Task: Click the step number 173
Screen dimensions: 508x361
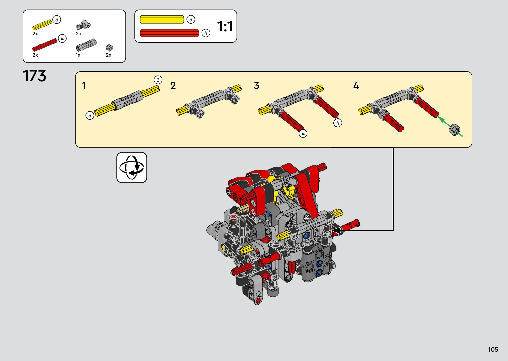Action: pyautogui.click(x=35, y=76)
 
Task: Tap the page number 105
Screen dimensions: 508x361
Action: pyautogui.click(x=493, y=349)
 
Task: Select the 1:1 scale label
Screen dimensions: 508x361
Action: pyautogui.click(x=225, y=26)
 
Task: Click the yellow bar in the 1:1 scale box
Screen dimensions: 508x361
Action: pyautogui.click(x=162, y=19)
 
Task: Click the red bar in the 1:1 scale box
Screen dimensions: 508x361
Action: pyautogui.click(x=170, y=33)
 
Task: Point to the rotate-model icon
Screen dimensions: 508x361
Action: pyautogui.click(x=132, y=167)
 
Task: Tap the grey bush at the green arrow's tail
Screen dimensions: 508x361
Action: pyautogui.click(x=454, y=130)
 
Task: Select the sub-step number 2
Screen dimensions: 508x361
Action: pyautogui.click(x=173, y=86)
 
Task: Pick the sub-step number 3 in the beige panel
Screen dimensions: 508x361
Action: pyautogui.click(x=256, y=86)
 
